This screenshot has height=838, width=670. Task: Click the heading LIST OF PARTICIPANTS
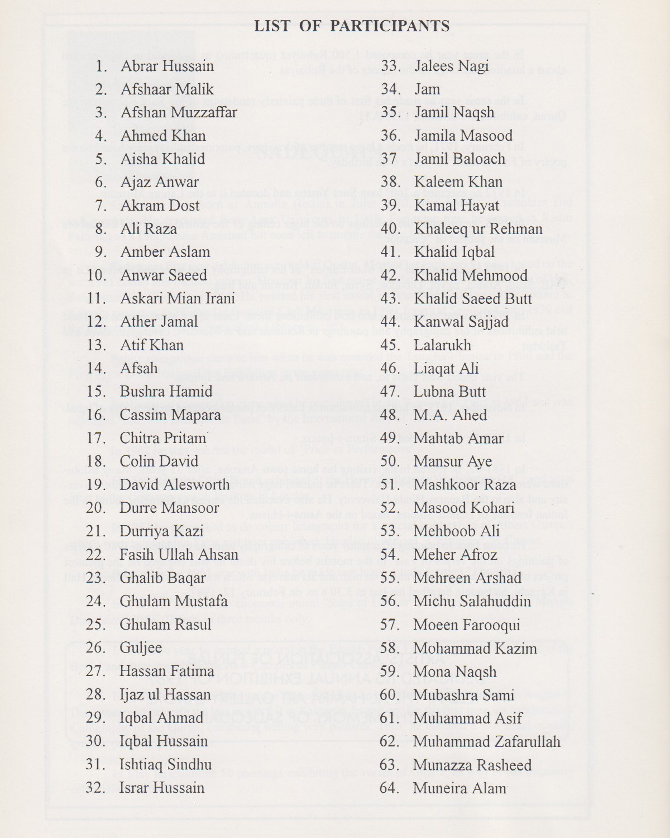pyautogui.click(x=352, y=26)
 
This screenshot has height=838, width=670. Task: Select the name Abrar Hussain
pyautogui.click(x=167, y=66)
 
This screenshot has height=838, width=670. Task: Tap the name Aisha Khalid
pyautogui.click(x=162, y=159)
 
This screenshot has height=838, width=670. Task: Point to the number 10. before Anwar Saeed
pyautogui.click(x=97, y=275)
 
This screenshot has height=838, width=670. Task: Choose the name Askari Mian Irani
pyautogui.click(x=178, y=298)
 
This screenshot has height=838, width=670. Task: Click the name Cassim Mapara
pyautogui.click(x=170, y=415)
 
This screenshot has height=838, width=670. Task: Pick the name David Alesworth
pyautogui.click(x=174, y=484)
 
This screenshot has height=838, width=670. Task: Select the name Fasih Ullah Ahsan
pyautogui.click(x=179, y=554)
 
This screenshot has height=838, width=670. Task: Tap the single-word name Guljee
pyautogui.click(x=141, y=647)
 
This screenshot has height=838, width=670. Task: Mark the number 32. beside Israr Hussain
pyautogui.click(x=95, y=788)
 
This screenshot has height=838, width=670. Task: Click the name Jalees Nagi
pyautogui.click(x=451, y=66)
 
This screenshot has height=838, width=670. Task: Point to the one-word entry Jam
pyautogui.click(x=427, y=89)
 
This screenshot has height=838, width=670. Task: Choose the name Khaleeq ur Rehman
pyautogui.click(x=478, y=229)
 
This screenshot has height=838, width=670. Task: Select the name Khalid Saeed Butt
pyautogui.click(x=473, y=299)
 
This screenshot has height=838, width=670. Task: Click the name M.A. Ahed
pyautogui.click(x=450, y=415)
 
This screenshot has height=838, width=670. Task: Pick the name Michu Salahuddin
pyautogui.click(x=472, y=601)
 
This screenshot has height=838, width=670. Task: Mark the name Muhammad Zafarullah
pyautogui.click(x=486, y=741)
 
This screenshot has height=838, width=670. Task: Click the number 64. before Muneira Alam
pyautogui.click(x=389, y=788)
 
